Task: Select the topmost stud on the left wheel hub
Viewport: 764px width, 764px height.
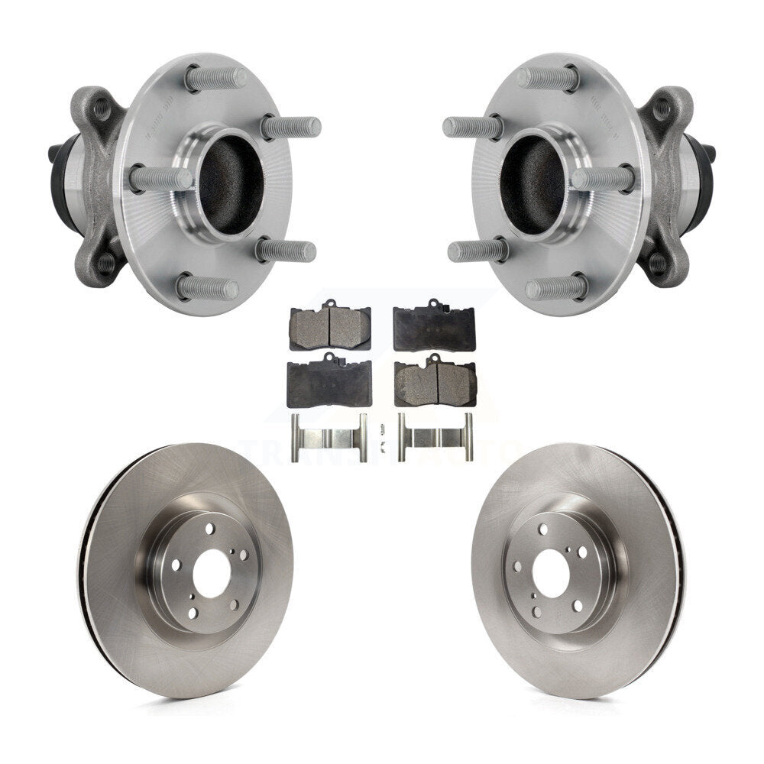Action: point(216,77)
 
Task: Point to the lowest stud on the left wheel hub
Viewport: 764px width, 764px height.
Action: point(207,288)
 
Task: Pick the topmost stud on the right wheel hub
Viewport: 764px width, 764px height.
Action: point(545,77)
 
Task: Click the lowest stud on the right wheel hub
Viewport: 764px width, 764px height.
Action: point(556,288)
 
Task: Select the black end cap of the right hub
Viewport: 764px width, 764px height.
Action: point(710,153)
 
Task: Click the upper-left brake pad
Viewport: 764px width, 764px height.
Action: point(330,327)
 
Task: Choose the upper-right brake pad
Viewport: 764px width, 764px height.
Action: point(433,327)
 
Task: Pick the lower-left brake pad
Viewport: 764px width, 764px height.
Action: point(329,383)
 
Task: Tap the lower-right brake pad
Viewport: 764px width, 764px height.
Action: point(434,382)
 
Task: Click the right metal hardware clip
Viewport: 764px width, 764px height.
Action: point(435,437)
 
